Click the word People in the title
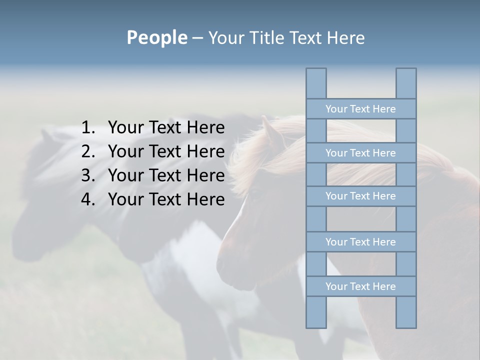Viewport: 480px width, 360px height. (156, 37)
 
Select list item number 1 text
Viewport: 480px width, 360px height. (166, 128)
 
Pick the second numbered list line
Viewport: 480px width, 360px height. (166, 151)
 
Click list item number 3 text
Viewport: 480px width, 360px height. (166, 175)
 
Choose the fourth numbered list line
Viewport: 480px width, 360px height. (166, 199)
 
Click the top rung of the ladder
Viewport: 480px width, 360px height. (360, 109)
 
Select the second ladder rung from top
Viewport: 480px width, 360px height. (360, 153)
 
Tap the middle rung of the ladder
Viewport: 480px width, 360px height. (360, 196)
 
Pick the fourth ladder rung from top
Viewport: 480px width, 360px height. (360, 242)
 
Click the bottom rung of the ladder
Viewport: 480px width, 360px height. (360, 286)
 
